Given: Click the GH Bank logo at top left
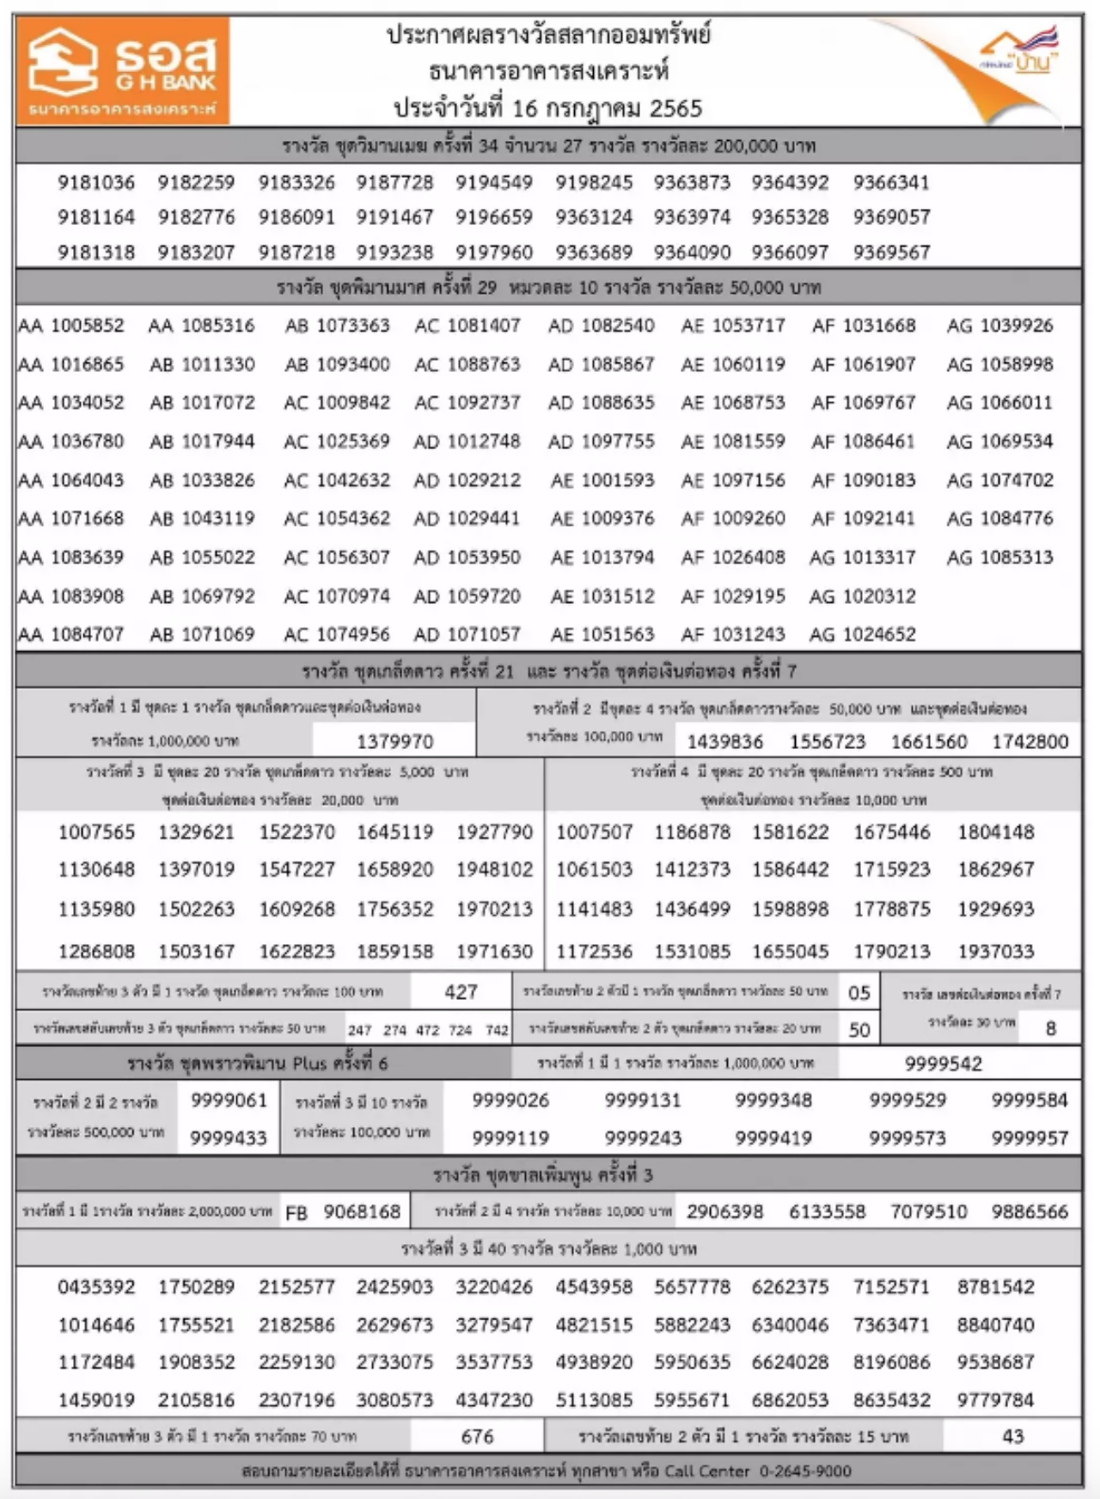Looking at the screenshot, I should click(x=123, y=70).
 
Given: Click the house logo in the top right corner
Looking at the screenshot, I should click(x=1020, y=53).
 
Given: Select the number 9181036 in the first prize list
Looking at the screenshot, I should click(x=96, y=182).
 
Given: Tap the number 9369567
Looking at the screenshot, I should click(x=891, y=253).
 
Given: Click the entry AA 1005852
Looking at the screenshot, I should click(x=71, y=326).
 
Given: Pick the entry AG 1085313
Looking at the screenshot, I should click(x=999, y=558).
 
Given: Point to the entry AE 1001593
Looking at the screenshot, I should click(x=602, y=480).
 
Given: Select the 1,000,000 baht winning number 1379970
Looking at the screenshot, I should click(x=394, y=741).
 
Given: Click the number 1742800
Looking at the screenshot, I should click(x=1030, y=741).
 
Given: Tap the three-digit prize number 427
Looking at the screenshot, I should click(x=461, y=992).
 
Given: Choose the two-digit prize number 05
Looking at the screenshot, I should click(x=859, y=993).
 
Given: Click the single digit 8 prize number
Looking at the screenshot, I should click(x=1050, y=1028).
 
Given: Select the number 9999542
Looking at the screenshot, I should click(x=943, y=1064).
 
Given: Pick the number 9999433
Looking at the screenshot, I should click(x=229, y=1138).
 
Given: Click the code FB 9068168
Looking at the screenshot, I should click(x=343, y=1212).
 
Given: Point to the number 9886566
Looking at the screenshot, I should click(x=1030, y=1212).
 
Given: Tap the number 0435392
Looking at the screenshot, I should click(x=96, y=1287).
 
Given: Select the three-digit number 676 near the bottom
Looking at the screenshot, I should click(x=477, y=1436).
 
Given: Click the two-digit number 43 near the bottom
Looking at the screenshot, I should click(x=1013, y=1436).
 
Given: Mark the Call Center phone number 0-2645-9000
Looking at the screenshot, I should click(x=805, y=1472).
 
